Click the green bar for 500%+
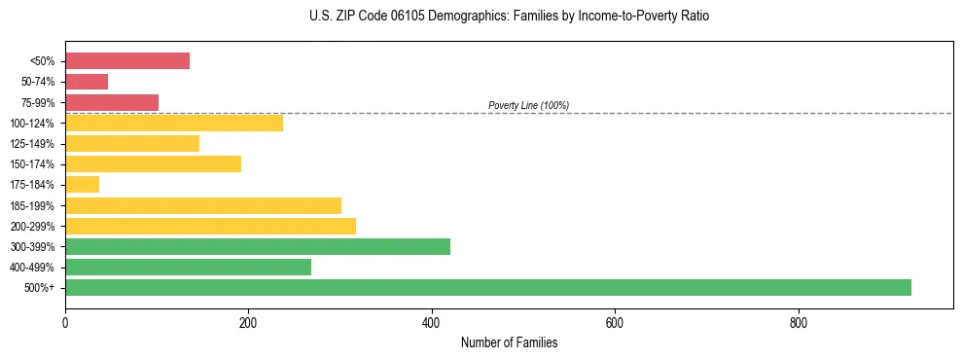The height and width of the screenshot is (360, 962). [487, 287]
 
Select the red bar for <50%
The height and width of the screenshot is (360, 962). [127, 60]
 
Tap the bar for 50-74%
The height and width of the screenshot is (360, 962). [87, 82]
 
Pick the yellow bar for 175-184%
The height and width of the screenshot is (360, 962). [82, 184]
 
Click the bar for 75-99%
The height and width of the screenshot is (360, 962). [112, 102]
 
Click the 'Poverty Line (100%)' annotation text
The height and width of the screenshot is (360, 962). [528, 105]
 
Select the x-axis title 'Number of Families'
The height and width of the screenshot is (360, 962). [509, 343]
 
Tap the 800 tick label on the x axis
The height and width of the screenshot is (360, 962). [798, 323]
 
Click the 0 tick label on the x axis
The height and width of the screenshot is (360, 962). [65, 323]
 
